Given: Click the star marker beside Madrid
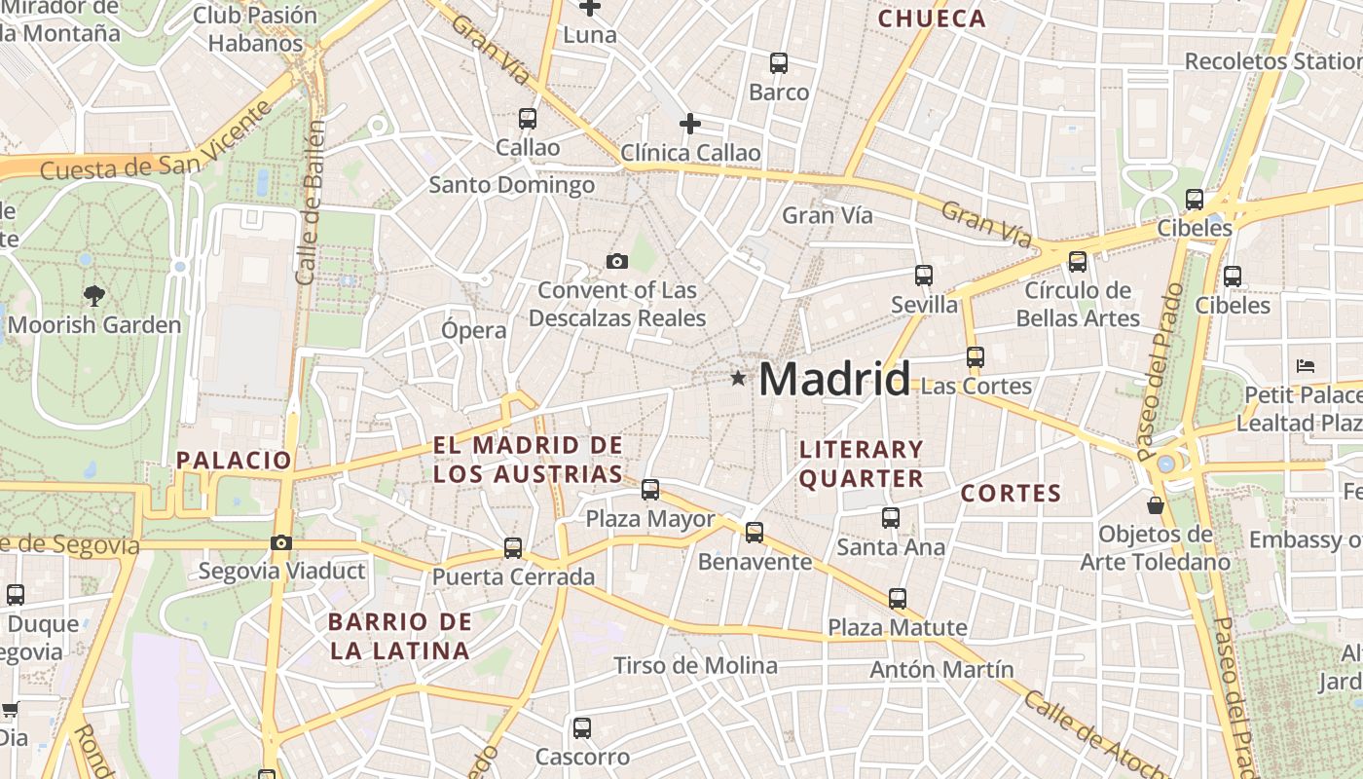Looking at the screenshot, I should coord(739,378).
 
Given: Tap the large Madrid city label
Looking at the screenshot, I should coord(834,379).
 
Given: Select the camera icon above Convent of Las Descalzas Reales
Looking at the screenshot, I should coord(616,261).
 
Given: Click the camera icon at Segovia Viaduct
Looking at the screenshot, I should coord(281,542).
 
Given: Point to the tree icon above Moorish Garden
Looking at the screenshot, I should coord(94,295).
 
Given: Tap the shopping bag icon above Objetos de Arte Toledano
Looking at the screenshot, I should coord(1156,505).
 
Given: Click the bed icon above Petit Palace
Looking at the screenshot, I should coord(1307,366).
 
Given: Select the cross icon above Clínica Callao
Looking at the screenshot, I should coord(690,124).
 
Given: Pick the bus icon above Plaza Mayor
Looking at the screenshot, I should coord(650,490).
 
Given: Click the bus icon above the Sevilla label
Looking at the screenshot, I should coord(924,276).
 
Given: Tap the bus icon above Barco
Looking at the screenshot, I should coord(779,63).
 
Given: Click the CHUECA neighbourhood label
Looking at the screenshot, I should coord(932,19).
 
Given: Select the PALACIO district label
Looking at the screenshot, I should coord(234,461).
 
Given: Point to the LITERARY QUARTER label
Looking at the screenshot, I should coord(861,464).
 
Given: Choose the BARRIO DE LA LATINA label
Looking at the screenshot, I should coord(399,636).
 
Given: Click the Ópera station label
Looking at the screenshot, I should coord(474,330).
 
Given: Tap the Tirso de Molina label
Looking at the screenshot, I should coord(695,666).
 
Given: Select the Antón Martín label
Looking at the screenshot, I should coord(941,670).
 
